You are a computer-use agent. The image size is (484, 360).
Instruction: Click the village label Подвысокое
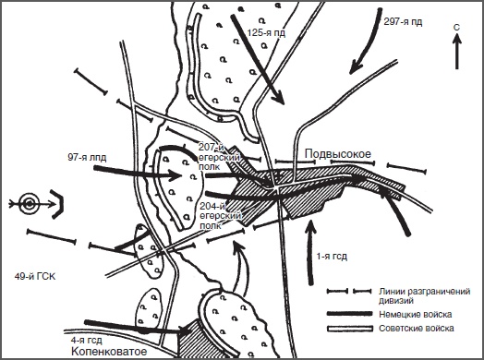(x=338, y=153)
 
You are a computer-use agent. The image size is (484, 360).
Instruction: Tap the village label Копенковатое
(x=109, y=351)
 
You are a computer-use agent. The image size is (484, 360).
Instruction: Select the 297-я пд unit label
(x=403, y=21)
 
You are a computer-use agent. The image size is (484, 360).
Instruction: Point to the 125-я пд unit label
(x=266, y=32)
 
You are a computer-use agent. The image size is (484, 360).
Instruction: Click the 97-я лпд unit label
(x=87, y=158)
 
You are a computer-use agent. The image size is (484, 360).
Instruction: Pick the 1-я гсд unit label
(x=332, y=256)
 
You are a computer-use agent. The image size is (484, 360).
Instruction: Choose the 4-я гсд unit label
(x=86, y=341)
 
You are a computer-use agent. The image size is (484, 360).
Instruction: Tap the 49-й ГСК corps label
(x=35, y=276)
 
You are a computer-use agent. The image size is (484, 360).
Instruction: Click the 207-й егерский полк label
(x=219, y=156)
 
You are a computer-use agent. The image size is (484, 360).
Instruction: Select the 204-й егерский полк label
(x=220, y=216)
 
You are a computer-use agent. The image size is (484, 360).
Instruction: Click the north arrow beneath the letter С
(x=457, y=52)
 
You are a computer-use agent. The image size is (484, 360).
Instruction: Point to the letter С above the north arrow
(x=456, y=28)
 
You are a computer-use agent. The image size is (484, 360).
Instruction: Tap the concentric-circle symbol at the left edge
(x=29, y=204)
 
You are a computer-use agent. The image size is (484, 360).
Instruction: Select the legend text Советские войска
(x=417, y=328)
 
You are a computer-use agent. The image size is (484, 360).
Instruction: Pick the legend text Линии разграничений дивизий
(x=425, y=295)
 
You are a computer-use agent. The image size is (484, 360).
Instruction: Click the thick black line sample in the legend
(x=350, y=314)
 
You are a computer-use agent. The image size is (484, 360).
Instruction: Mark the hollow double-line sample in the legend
(x=350, y=329)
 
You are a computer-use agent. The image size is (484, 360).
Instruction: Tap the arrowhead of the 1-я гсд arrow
(x=311, y=226)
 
